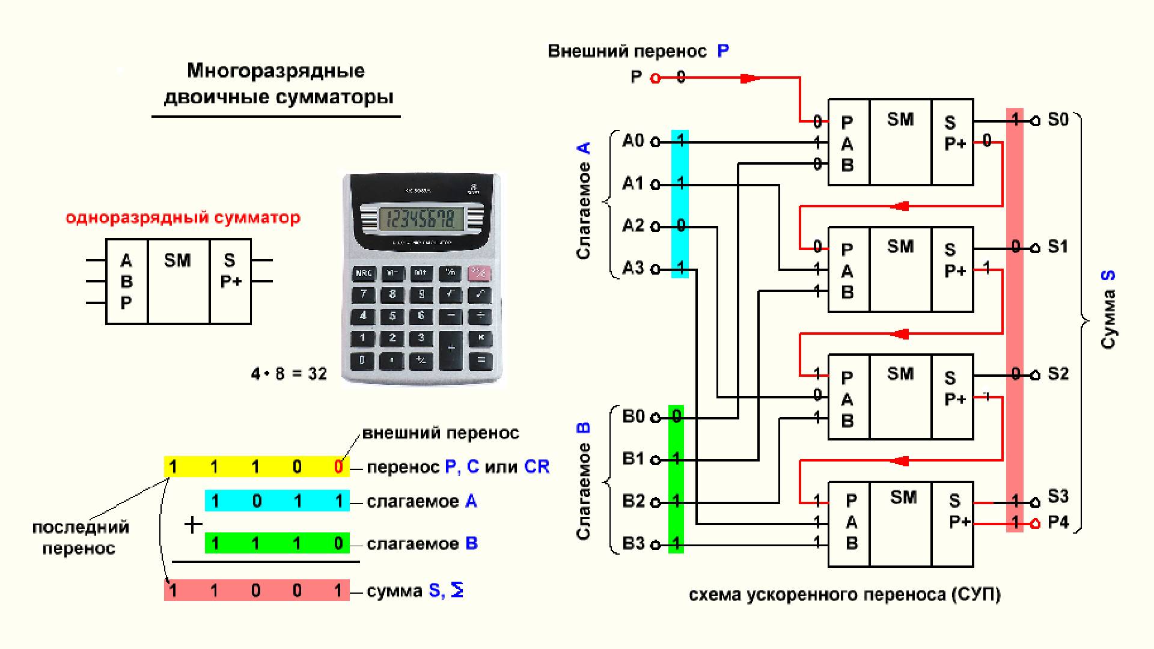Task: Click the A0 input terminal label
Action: [633, 141]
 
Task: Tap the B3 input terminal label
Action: [633, 544]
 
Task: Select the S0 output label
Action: [1058, 120]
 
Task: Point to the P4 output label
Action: [1058, 522]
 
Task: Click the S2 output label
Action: [1058, 374]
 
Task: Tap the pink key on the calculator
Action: [479, 274]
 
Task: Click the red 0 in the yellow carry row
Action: [338, 467]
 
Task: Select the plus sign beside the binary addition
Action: [193, 525]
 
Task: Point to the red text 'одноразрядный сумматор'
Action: [183, 218]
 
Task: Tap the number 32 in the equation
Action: [317, 374]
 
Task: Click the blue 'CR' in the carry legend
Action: [537, 467]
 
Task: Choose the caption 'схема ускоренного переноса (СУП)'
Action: [844, 595]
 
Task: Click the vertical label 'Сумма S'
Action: [1108, 309]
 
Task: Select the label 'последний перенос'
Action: [80, 537]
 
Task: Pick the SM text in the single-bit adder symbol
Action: [177, 260]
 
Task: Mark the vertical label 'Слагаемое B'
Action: [584, 481]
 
